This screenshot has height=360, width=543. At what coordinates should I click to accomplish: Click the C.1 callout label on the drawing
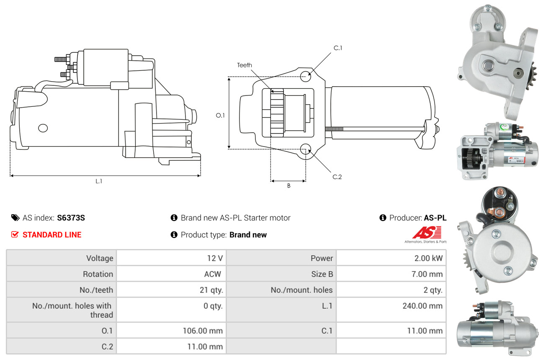(338, 48)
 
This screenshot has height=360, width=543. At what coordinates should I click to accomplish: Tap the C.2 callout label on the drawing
(337, 177)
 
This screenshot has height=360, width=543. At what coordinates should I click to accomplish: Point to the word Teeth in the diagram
(244, 65)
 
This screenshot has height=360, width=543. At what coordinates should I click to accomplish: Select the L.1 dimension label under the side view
(99, 181)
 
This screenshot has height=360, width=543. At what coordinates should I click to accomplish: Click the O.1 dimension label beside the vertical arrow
(220, 116)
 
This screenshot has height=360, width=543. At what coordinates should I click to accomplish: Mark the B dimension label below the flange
(289, 186)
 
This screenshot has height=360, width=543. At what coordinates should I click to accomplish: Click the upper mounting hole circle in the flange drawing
(306, 77)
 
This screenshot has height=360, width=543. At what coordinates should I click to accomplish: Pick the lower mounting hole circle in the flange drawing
(306, 149)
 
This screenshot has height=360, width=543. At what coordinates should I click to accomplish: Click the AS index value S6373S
(71, 218)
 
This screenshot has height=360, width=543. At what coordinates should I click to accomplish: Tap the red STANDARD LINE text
(52, 235)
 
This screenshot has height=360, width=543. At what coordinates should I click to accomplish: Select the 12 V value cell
(171, 258)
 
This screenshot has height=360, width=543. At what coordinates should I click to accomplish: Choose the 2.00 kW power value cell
(391, 258)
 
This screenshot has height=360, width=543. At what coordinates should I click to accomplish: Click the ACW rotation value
(213, 274)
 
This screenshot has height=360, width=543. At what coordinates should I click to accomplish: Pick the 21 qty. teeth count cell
(171, 290)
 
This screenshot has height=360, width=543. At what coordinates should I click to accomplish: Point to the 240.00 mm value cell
(391, 310)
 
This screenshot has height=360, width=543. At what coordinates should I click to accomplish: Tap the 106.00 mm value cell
(171, 330)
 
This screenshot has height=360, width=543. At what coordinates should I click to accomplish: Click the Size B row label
(322, 274)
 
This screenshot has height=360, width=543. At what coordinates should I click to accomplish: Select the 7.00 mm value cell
(391, 274)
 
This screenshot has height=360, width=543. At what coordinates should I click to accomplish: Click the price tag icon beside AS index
(15, 218)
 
